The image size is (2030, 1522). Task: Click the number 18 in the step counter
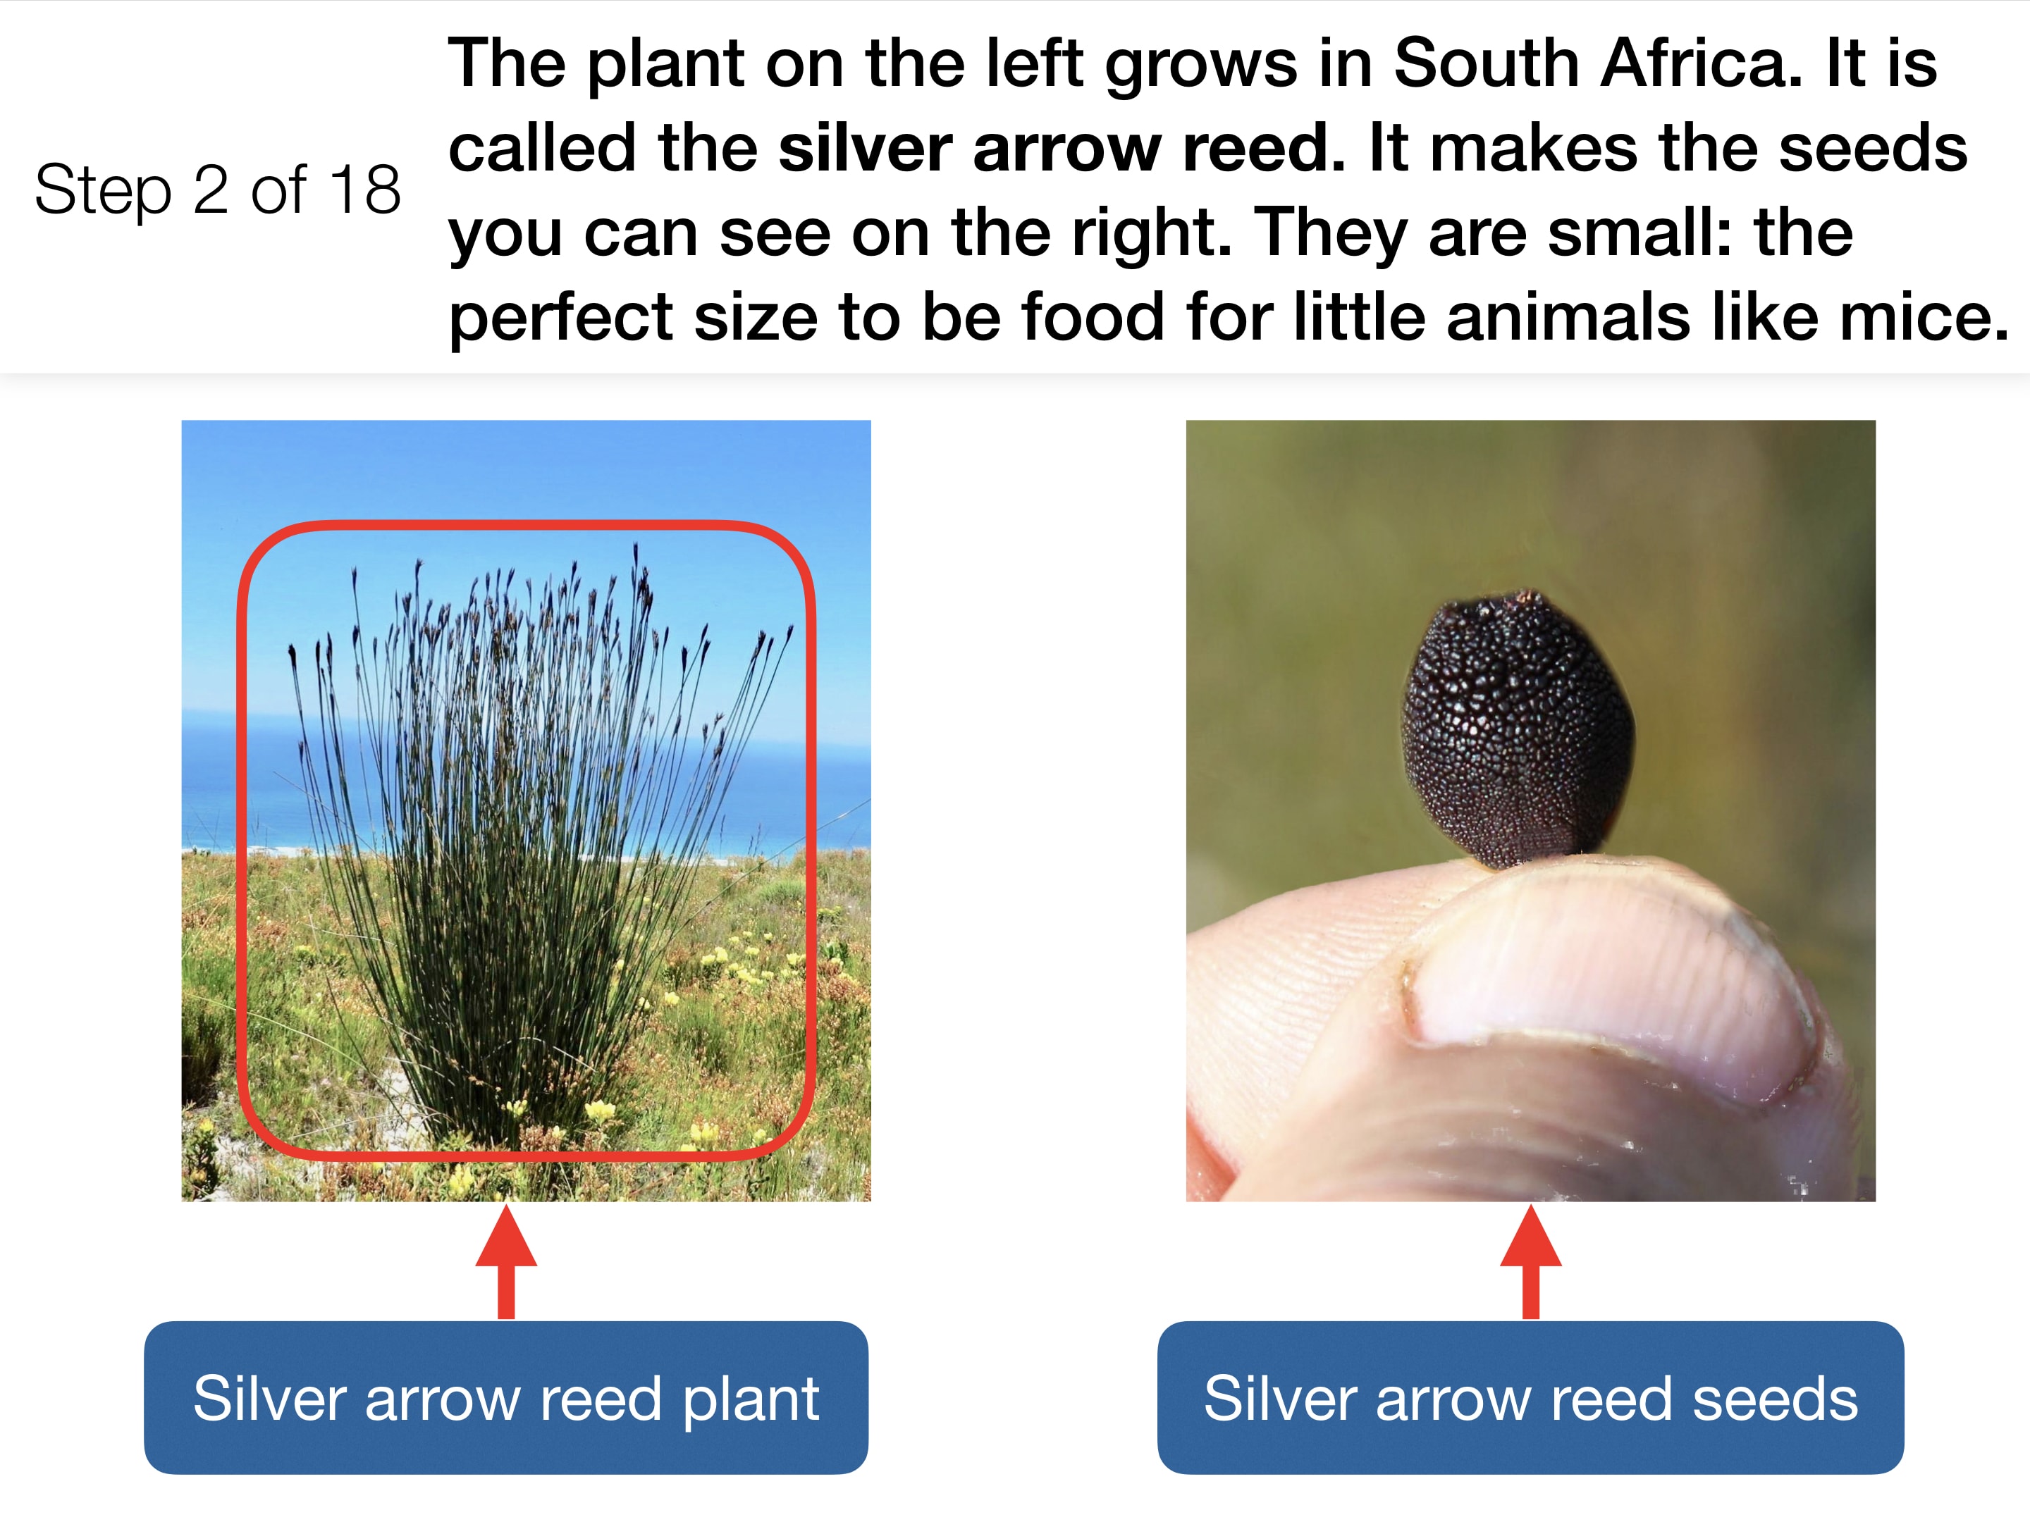click(x=365, y=191)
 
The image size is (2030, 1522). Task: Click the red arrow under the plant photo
click(x=505, y=1263)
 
